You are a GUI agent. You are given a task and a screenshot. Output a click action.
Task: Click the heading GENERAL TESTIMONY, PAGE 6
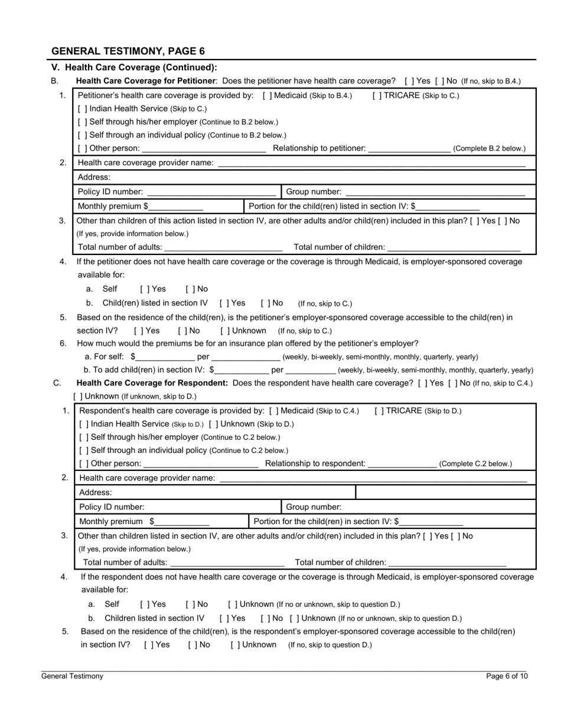128,51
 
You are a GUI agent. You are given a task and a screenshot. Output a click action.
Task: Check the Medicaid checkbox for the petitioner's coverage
267,96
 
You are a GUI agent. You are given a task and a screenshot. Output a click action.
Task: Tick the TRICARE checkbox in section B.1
377,96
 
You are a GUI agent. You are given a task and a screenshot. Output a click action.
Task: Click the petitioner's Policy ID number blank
211,192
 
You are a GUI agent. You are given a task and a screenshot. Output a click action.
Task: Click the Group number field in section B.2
435,192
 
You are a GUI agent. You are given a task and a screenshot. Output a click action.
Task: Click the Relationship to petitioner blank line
409,149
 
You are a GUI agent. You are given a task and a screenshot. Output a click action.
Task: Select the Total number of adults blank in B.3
223,247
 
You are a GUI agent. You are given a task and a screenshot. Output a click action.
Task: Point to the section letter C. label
57,383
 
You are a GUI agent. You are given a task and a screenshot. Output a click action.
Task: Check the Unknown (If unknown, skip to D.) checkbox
78,397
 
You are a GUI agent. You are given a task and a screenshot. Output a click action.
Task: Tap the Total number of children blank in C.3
448,563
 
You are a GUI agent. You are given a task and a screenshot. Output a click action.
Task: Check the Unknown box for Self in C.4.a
233,604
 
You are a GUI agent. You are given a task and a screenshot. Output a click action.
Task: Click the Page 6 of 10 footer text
507,676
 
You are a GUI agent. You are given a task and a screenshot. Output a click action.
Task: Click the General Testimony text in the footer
72,676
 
